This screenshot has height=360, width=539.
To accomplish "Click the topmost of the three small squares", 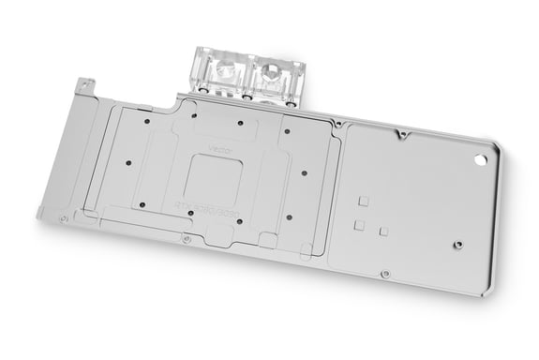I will click(x=364, y=201).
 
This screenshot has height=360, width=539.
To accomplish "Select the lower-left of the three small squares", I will click(x=358, y=225).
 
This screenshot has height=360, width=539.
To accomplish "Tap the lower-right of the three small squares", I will click(x=383, y=231).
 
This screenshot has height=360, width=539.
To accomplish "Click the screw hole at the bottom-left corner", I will click(x=62, y=218).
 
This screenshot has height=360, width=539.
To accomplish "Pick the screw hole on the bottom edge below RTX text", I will click(x=187, y=239).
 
